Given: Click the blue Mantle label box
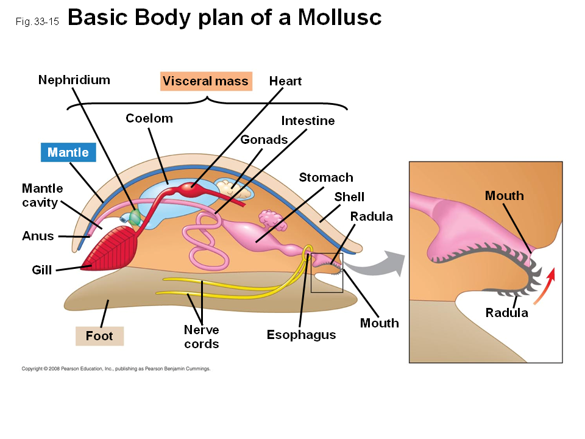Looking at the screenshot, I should (68, 152).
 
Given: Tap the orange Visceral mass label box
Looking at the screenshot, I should (206, 82).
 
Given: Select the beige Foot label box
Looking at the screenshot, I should (99, 336).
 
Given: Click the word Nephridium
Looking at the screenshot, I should (74, 80).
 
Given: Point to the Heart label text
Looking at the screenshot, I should (285, 81).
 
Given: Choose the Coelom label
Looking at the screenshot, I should (149, 118).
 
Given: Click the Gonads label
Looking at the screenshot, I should (264, 140).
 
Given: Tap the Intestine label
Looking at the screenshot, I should (308, 121).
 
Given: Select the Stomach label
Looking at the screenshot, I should (326, 177).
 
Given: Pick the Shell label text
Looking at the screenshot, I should (349, 196).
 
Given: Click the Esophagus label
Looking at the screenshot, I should (301, 335).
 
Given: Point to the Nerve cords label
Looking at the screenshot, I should (202, 337).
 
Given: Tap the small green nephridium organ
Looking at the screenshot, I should (134, 216).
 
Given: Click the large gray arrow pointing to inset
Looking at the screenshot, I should (378, 262).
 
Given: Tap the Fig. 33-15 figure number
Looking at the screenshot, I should (37, 21).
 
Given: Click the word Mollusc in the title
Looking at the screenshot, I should (340, 18).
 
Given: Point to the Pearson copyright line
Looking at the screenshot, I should (116, 369).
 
